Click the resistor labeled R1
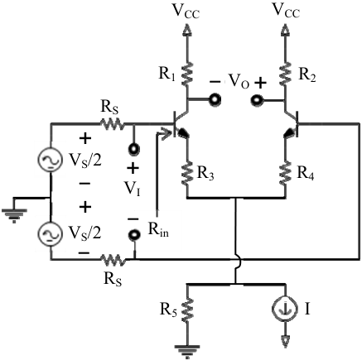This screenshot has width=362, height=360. pos(187,73)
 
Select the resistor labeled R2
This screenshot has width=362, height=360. pos(285,73)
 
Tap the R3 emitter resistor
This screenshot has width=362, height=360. pos(187,173)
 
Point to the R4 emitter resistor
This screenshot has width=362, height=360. pos(285,173)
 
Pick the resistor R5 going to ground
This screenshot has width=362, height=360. pos(187,310)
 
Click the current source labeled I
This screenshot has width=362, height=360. pos(285,309)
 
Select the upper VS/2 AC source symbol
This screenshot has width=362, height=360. pos(50,161)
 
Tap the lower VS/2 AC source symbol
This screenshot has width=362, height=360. pos(50,233)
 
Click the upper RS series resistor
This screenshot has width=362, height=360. pos(113,123)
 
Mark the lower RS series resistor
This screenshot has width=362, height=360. pos(113,260)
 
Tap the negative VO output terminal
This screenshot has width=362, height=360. pos(215,99)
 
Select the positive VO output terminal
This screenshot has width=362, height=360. pos(257,99)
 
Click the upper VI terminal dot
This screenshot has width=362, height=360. pos(134,149)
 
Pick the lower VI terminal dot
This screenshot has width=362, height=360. pos(134,235)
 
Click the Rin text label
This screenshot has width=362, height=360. pos(158,229)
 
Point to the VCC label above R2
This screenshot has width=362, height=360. pos(286,11)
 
